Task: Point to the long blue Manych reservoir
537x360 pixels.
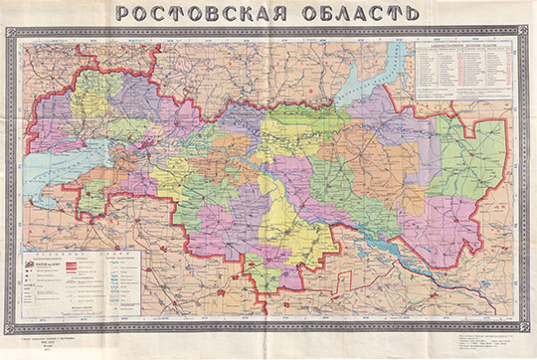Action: point(398,253)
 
